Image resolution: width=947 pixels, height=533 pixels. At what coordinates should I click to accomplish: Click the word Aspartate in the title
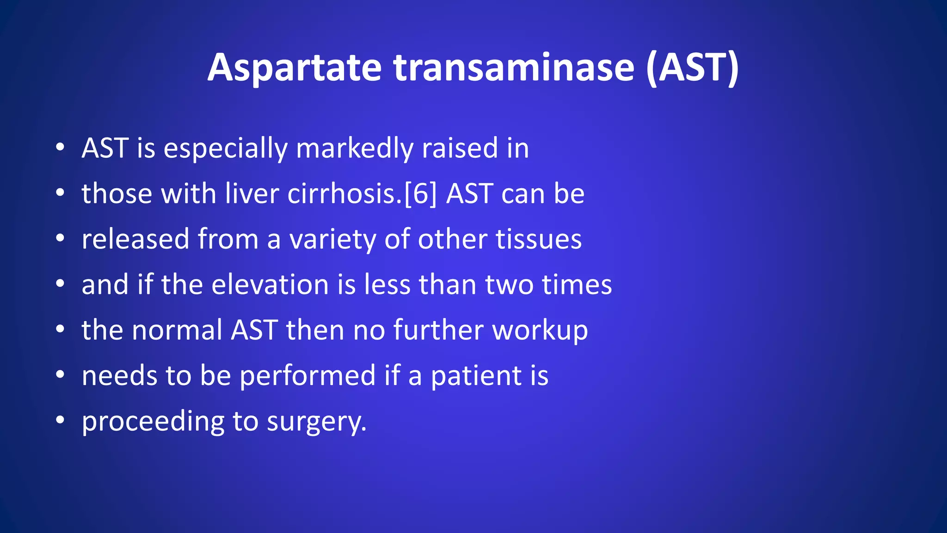(x=294, y=68)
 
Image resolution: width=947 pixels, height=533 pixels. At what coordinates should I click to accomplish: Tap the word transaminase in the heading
(x=514, y=68)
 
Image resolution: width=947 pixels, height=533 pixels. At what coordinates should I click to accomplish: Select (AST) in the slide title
(x=692, y=68)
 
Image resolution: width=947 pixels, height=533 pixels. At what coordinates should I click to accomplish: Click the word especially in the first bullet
(x=226, y=149)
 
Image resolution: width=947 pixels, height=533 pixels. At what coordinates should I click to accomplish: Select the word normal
(x=177, y=330)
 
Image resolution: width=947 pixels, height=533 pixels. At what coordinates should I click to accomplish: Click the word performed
(x=307, y=375)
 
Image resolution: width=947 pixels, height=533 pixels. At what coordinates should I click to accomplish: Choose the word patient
(x=476, y=375)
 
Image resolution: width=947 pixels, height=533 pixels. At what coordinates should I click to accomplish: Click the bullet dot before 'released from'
(x=60, y=239)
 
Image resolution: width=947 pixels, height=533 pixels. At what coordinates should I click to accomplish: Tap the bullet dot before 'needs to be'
(x=60, y=375)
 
